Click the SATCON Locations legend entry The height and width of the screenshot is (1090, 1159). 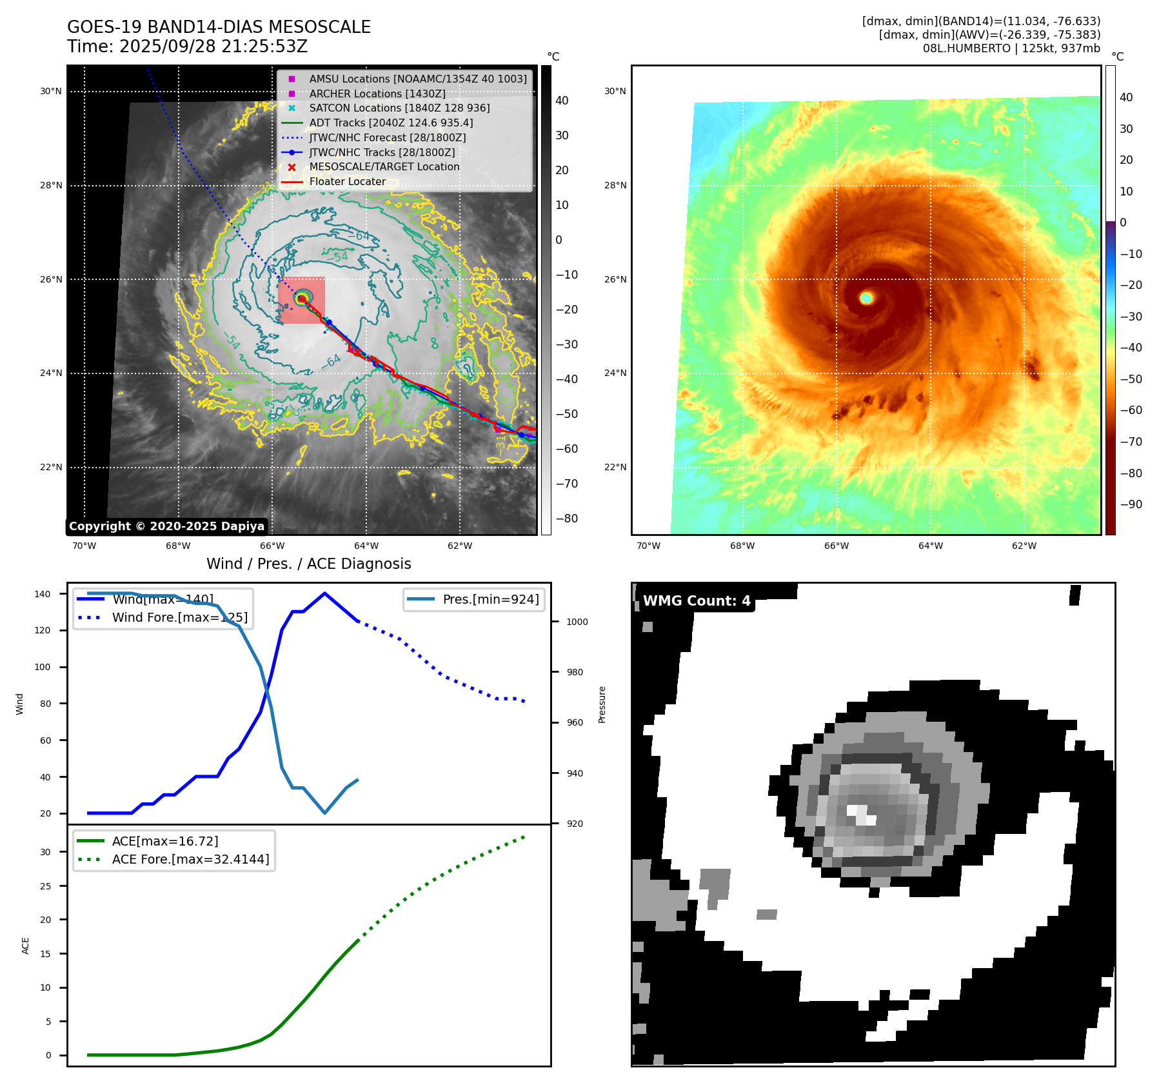(x=399, y=108)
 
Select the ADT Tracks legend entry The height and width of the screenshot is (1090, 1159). (x=391, y=123)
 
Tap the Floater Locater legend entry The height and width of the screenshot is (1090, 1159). (x=347, y=182)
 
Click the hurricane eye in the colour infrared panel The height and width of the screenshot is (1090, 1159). (x=866, y=298)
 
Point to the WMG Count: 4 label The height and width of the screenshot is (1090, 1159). (x=697, y=601)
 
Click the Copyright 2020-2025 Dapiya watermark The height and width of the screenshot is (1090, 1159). (x=166, y=526)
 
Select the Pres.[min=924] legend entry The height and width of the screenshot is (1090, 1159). (x=490, y=599)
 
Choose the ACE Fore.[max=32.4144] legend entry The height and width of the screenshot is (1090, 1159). (x=190, y=859)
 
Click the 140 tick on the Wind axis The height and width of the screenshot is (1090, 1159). (x=43, y=594)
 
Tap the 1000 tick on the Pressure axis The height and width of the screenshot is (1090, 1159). (x=577, y=622)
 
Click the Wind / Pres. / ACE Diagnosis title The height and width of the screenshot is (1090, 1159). (x=308, y=564)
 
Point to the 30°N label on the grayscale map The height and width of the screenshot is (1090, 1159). (x=51, y=92)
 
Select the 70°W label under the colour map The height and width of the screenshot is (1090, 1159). (x=648, y=546)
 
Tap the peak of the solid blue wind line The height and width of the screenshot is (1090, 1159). (x=324, y=593)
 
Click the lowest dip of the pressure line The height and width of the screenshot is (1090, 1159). (x=324, y=813)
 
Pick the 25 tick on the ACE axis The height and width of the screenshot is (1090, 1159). (x=45, y=886)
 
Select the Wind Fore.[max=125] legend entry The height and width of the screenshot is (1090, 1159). (x=179, y=617)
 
